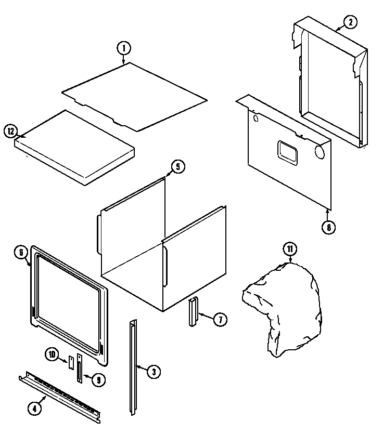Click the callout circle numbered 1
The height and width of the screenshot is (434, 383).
click(123, 48)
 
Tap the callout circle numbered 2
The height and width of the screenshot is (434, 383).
click(350, 22)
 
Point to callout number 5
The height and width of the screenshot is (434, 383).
click(177, 167)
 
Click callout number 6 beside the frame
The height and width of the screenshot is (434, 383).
click(20, 253)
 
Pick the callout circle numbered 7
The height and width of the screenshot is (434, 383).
click(220, 320)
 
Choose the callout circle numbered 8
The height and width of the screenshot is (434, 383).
click(328, 227)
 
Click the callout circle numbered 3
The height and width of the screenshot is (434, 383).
click(153, 371)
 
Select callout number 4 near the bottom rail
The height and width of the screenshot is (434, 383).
click(34, 409)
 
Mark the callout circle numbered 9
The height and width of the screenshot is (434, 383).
click(98, 380)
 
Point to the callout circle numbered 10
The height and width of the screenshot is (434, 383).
click(52, 354)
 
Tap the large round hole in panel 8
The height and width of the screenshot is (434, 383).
click(320, 153)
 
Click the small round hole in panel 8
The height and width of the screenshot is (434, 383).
click(256, 119)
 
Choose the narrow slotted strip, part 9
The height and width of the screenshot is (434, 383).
click(80, 369)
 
